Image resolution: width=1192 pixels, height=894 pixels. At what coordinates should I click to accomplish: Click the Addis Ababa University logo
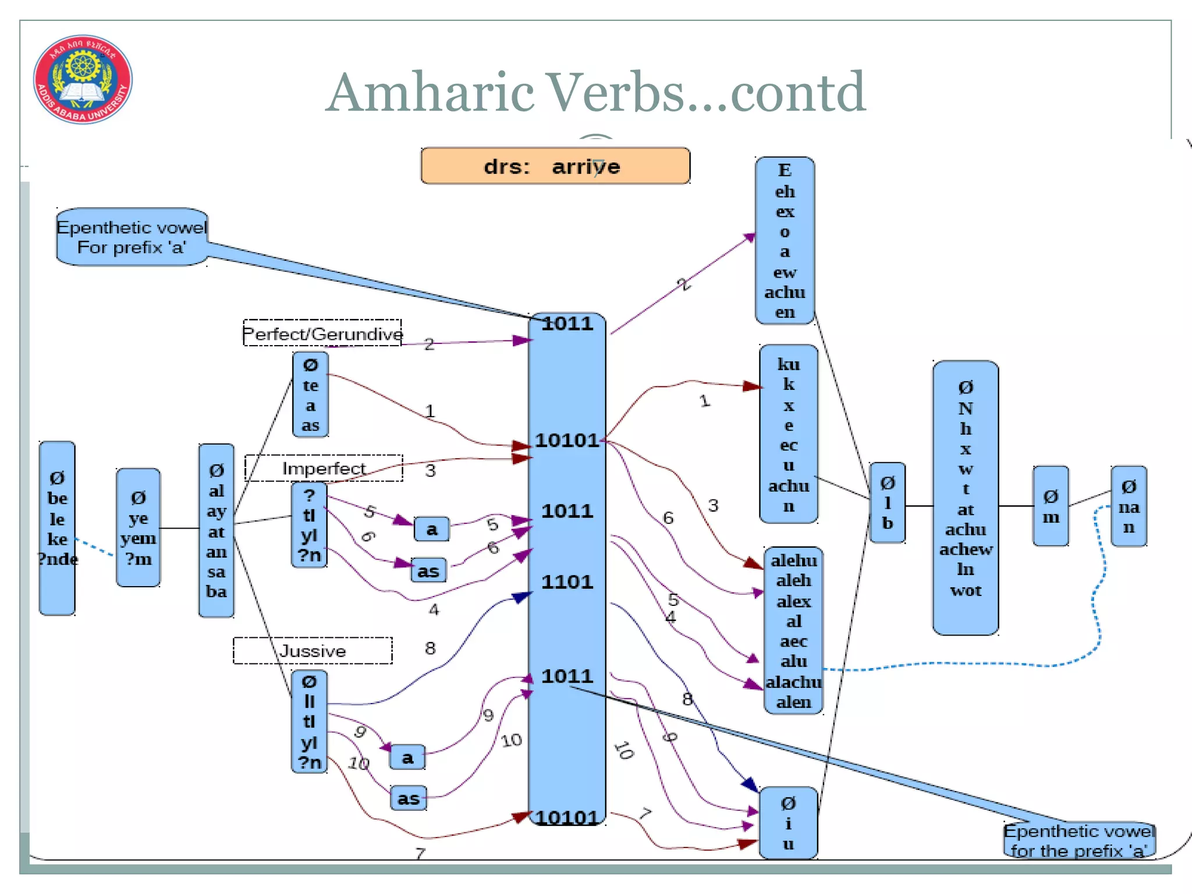click(x=83, y=79)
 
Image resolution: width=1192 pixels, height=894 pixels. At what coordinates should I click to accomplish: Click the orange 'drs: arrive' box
click(x=555, y=166)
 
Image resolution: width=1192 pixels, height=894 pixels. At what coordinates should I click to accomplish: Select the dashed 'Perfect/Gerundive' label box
click(x=322, y=333)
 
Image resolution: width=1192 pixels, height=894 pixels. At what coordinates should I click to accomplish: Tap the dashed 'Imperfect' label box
click(x=324, y=468)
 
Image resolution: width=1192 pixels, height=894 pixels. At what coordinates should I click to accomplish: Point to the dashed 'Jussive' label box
click(x=313, y=650)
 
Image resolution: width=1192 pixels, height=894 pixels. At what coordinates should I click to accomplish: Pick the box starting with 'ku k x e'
click(x=789, y=434)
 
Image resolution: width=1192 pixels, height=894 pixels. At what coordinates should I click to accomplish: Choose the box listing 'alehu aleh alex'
click(x=793, y=630)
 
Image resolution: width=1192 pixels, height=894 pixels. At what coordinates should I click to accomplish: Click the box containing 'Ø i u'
click(x=788, y=823)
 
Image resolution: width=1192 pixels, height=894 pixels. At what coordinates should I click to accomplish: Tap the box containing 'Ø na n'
click(x=1129, y=506)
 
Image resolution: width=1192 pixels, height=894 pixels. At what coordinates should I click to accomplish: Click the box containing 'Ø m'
click(x=1051, y=506)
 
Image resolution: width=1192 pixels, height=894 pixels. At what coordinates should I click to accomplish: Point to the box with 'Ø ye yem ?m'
click(x=138, y=527)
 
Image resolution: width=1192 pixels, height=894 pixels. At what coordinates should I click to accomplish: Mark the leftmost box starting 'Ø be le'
click(x=57, y=527)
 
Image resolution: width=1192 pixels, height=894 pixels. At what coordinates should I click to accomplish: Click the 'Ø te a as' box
click(x=310, y=395)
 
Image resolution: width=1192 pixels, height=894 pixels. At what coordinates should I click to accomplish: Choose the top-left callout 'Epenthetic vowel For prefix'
click(x=132, y=237)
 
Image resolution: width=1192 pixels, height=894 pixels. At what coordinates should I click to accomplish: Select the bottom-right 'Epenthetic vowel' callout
click(x=1079, y=840)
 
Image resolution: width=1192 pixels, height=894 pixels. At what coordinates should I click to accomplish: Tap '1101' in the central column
click(x=567, y=581)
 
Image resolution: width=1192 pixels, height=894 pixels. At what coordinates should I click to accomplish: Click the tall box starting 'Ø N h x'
click(x=966, y=498)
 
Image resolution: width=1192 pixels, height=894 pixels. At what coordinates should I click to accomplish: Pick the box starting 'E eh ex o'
click(x=785, y=240)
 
